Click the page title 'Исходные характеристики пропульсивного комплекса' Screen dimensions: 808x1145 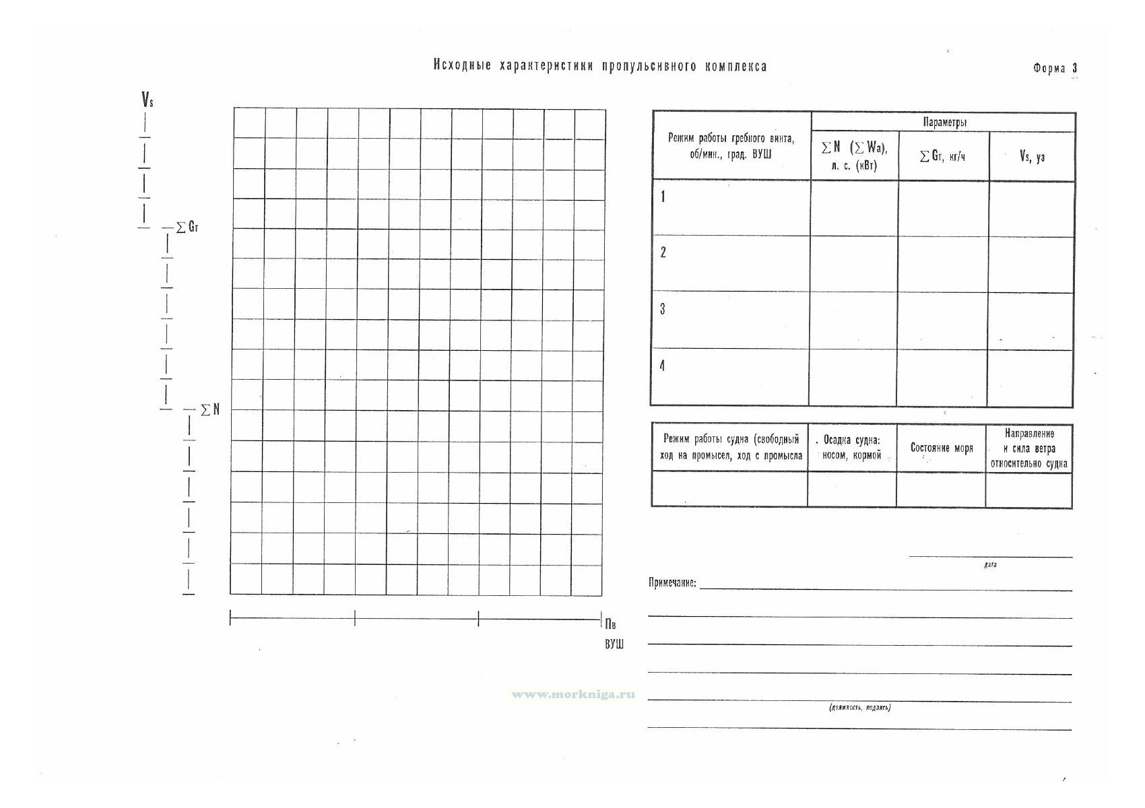599,66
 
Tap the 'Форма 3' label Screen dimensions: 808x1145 1055,68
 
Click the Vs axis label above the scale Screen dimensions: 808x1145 147,100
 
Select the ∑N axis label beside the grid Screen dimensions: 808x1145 210,409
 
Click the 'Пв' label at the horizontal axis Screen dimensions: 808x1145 611,624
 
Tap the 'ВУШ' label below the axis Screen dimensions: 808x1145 614,644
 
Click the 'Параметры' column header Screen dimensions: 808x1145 944,122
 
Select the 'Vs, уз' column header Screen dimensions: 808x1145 1032,156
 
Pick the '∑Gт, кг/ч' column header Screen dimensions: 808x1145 943,156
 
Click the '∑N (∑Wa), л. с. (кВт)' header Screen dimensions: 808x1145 854,156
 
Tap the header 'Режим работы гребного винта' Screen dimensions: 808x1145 731,145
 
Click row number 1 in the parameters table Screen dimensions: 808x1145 663,197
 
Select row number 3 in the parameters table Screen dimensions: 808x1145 663,310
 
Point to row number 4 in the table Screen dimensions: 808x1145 663,366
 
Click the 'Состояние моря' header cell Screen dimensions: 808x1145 941,448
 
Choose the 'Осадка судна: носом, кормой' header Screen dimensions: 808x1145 851,448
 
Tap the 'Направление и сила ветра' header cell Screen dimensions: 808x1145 1028,448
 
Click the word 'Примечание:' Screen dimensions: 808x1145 672,582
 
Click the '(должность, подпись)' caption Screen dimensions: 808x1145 860,708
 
